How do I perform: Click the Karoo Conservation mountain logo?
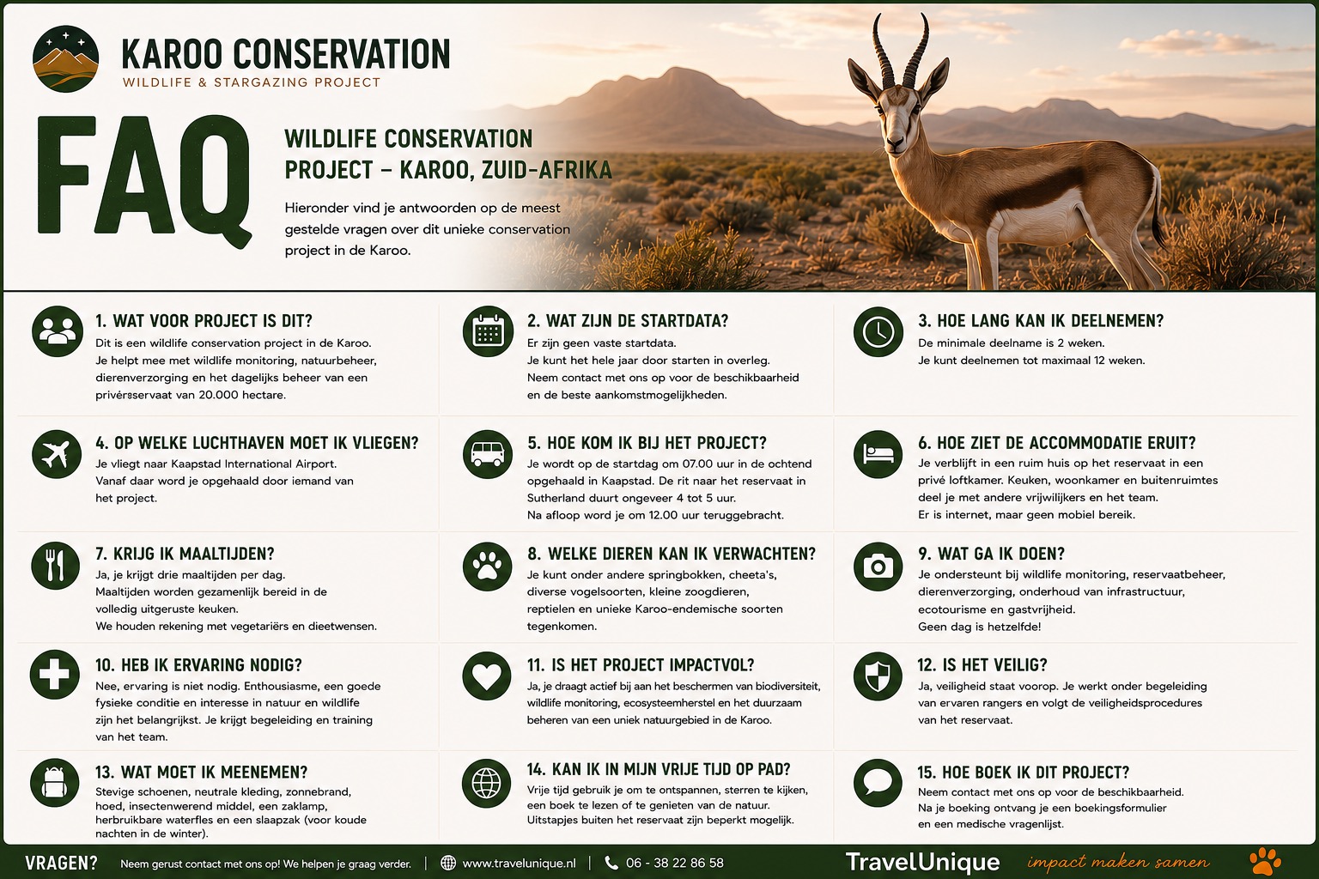[x=66, y=59]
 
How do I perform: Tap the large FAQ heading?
[x=144, y=179]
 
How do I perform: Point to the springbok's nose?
[x=895, y=143]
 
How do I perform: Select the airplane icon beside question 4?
[x=57, y=454]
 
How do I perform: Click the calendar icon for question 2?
[x=488, y=331]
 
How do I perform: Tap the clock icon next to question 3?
[x=878, y=331]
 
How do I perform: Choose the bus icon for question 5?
[x=488, y=454]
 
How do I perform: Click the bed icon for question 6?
[x=878, y=454]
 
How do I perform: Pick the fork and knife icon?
[x=55, y=566]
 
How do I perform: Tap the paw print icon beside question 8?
[x=487, y=566]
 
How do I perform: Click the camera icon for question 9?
[x=878, y=566]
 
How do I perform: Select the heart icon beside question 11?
[x=487, y=676]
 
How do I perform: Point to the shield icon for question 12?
[x=878, y=676]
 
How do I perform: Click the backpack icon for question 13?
[x=55, y=783]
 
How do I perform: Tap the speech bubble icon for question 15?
[x=878, y=783]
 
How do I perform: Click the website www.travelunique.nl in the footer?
[x=519, y=863]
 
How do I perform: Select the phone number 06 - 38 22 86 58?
[x=675, y=863]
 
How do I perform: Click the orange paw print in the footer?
[x=1265, y=861]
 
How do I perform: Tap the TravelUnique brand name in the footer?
[x=923, y=862]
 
